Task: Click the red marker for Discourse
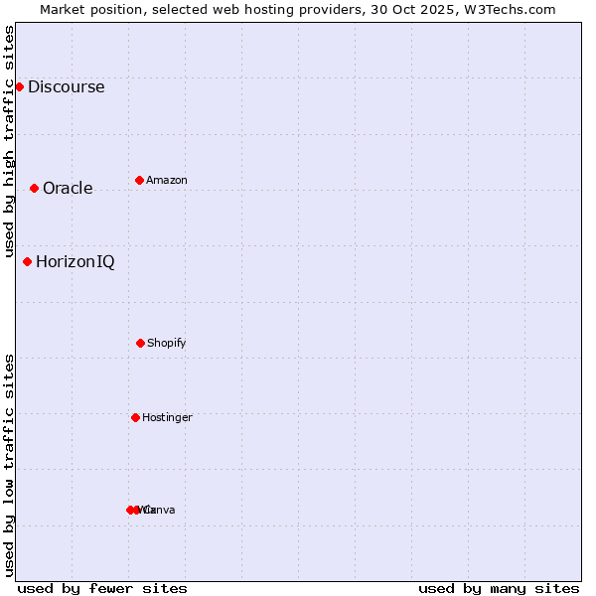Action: coord(19,86)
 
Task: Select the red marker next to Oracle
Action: coord(34,188)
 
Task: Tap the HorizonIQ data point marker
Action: coord(27,261)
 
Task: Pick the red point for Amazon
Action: coord(139,180)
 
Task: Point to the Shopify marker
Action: coord(140,343)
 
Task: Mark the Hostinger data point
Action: coord(135,417)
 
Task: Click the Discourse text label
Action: coord(66,86)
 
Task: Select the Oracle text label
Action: coord(68,188)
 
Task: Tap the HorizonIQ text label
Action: coord(74,261)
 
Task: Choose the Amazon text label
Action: coord(167,180)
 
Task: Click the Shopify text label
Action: coord(167,343)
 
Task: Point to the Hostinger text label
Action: coord(167,417)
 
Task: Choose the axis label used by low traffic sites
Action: coord(10,465)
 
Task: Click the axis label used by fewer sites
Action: coord(102,588)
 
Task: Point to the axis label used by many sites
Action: coord(499,588)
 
